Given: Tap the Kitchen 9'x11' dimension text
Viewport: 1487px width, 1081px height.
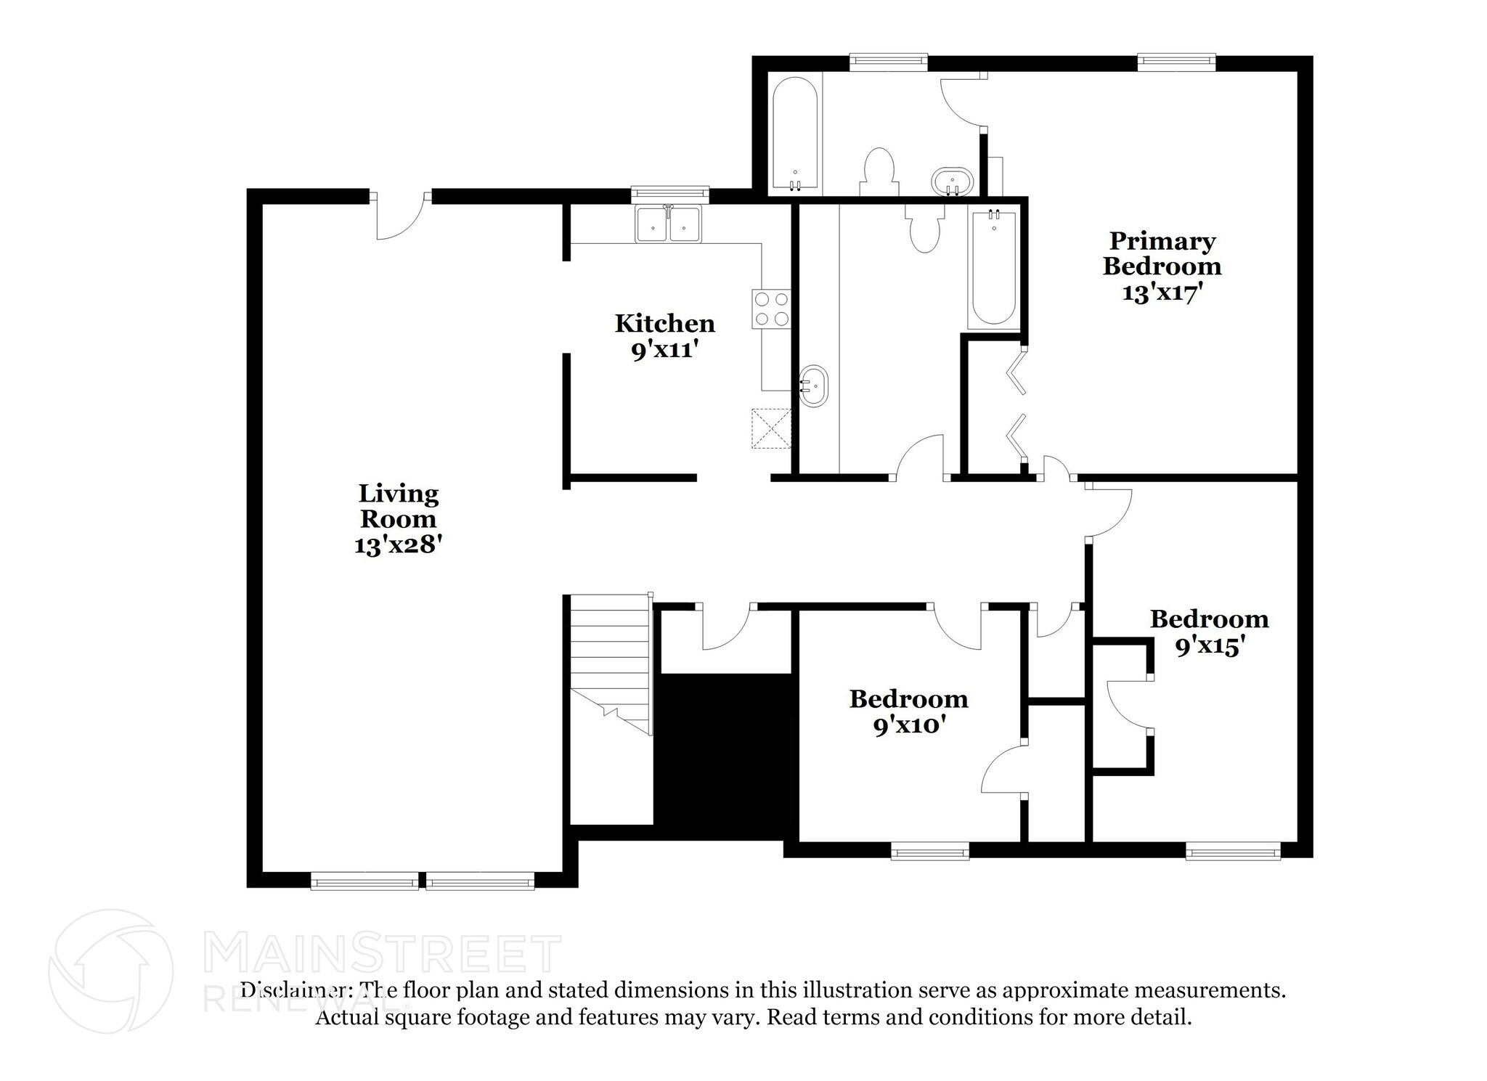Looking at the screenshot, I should (x=664, y=351).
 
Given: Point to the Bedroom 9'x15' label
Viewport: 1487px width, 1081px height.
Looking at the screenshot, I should (x=1209, y=632).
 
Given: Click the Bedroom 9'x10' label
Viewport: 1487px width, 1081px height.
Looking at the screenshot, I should (x=908, y=711).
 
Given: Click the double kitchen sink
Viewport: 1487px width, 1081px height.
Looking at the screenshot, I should (x=668, y=224).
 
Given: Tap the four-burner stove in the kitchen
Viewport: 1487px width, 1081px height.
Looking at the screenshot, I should (x=771, y=309).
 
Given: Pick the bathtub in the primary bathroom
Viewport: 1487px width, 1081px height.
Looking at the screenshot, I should (x=795, y=134).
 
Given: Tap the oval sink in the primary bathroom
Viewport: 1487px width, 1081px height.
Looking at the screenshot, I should (x=952, y=181).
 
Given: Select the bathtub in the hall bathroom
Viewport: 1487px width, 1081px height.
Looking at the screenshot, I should (x=993, y=267).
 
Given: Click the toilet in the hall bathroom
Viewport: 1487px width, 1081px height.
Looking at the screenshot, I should (x=924, y=229).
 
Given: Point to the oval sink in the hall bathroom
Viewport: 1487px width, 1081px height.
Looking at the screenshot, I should (x=813, y=386).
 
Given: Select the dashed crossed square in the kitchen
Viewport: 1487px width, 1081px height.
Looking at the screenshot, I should (x=770, y=428).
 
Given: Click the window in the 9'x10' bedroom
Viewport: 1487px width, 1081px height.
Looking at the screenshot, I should (x=929, y=850).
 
